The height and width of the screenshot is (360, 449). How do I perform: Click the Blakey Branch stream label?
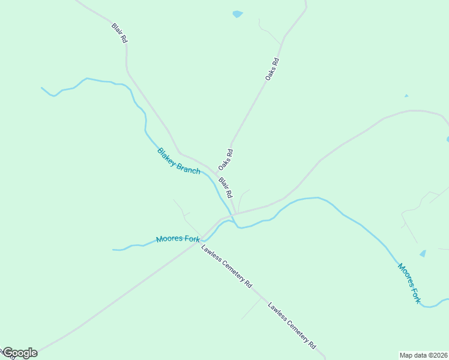point(179,161)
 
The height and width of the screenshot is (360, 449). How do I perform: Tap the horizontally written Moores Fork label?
point(178,239)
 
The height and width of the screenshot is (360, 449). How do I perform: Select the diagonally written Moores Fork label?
point(409,283)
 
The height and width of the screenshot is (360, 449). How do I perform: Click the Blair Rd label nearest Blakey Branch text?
point(225,188)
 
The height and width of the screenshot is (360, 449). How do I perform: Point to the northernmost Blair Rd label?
point(119,33)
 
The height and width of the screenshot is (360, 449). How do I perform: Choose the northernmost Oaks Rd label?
point(272,70)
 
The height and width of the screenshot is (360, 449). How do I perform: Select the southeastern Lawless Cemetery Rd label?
point(292,325)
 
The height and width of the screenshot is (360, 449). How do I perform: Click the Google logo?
point(19,353)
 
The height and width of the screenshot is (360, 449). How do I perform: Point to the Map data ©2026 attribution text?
point(423,355)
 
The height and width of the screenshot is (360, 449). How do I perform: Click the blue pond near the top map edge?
point(238,14)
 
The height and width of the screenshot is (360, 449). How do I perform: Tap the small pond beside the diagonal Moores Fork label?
point(423,254)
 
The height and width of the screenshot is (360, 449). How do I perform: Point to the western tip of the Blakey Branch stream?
point(41,88)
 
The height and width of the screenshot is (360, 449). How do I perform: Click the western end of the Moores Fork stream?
point(113,249)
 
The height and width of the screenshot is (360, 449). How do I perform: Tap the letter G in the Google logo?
point(8,353)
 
